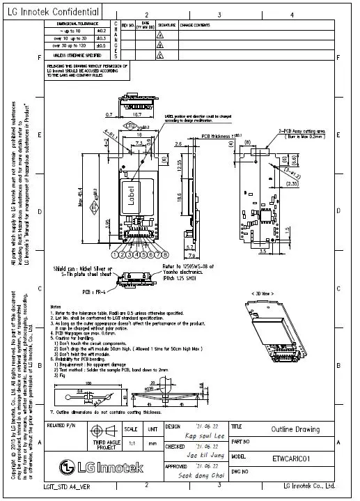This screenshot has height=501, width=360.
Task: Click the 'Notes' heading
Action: coord(56,307)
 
